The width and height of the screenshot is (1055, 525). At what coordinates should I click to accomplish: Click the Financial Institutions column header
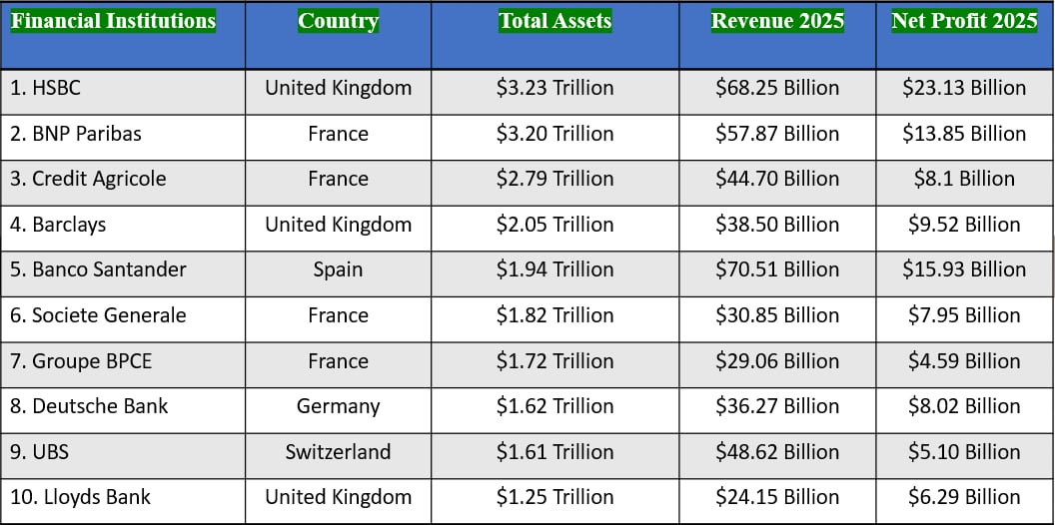click(x=113, y=21)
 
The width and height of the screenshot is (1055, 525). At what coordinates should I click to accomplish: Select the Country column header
click(x=338, y=21)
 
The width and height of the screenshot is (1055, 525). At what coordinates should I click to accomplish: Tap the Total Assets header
click(x=554, y=21)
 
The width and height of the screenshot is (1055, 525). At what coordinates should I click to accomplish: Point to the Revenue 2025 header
click(x=777, y=21)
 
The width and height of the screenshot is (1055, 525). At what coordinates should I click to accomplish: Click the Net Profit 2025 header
click(x=964, y=21)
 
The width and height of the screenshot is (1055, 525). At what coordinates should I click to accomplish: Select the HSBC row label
click(x=46, y=88)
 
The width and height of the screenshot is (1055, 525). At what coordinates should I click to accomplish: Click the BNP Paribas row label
click(x=76, y=134)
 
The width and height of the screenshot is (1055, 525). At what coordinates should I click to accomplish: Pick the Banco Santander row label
click(x=98, y=269)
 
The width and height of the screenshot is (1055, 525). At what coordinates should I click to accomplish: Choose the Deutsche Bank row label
click(x=89, y=406)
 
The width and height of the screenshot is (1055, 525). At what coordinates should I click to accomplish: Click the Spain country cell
click(x=338, y=269)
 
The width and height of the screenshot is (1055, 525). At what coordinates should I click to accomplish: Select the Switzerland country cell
click(x=338, y=452)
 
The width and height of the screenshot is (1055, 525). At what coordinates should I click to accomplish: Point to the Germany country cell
click(x=338, y=406)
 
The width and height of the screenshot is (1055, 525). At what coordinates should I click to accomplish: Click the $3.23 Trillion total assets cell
click(x=554, y=88)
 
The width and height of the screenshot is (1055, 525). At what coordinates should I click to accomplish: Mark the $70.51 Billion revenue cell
click(x=777, y=269)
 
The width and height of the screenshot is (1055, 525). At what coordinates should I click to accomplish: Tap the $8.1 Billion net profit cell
click(x=964, y=179)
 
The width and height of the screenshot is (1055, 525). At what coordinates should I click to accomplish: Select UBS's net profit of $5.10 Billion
click(x=964, y=452)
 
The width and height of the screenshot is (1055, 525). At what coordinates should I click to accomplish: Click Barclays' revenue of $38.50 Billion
click(x=777, y=225)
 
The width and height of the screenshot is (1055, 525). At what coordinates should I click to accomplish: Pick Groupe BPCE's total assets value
click(x=554, y=361)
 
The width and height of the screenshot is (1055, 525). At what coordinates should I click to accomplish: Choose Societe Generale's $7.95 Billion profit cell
click(x=964, y=315)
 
